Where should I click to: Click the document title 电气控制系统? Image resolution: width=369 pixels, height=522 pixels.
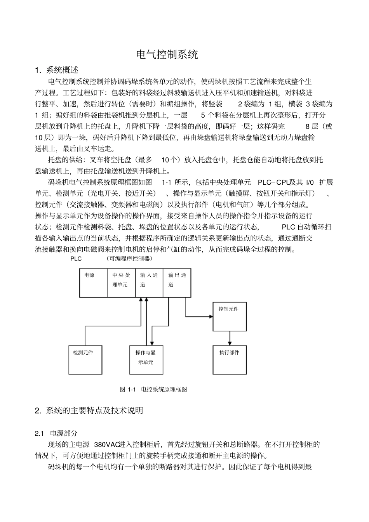[167, 54]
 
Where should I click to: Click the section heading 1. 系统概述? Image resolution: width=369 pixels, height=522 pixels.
[57, 70]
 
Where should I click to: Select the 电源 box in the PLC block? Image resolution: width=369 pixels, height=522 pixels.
[93, 283]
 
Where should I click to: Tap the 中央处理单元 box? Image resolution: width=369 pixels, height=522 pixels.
[121, 283]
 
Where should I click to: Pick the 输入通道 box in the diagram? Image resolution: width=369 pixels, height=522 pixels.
[149, 283]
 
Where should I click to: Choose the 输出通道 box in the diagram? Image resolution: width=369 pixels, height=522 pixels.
[177, 283]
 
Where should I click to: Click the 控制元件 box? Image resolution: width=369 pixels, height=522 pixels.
[230, 316]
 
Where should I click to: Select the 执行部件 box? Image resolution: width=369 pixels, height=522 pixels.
[230, 360]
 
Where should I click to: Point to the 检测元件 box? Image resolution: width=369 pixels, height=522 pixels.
[85, 360]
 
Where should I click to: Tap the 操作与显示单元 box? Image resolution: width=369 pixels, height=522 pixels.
[146, 360]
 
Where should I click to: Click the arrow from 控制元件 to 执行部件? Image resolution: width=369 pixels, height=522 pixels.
[230, 338]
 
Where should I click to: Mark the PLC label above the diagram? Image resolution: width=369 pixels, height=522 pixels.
[76, 259]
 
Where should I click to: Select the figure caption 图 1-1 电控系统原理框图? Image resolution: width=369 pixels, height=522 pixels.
[154, 389]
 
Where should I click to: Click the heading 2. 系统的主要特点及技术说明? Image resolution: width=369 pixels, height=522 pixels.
[89, 410]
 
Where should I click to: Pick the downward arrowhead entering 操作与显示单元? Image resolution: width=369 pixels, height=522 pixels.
[152, 343]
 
